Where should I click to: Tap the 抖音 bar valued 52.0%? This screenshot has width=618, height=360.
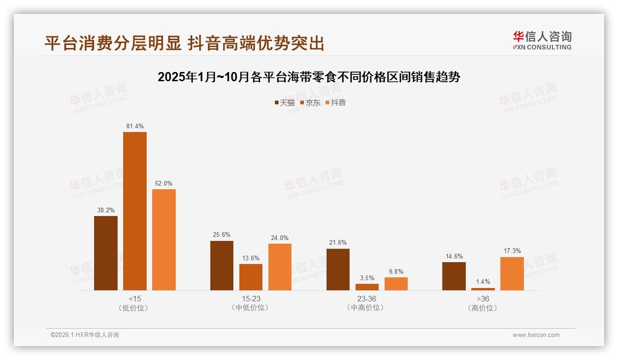coord(164,240)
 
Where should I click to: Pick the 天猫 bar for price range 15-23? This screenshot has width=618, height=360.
coord(222,265)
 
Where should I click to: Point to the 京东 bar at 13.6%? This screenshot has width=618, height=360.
coord(251,277)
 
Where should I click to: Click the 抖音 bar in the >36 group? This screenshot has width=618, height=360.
coord(512,273)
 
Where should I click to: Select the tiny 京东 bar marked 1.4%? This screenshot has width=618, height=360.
coord(483,289)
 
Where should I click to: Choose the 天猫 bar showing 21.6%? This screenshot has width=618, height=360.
coord(338,270)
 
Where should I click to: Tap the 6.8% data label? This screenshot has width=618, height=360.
coord(396,271)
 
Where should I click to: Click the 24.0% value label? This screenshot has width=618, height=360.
coord(279,238)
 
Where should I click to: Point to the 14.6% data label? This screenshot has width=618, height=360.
coord(454,256)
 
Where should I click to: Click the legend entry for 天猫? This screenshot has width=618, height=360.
coord(284,102)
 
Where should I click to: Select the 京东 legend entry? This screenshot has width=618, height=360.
coord(310,102)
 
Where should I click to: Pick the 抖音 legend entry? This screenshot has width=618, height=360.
coord(335,102)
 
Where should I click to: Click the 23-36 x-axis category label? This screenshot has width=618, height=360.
coord(367,299)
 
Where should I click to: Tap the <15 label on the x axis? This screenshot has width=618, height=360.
coord(135,299)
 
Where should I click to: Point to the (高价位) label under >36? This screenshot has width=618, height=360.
coord(483,308)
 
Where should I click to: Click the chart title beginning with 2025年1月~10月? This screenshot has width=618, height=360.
coord(309,77)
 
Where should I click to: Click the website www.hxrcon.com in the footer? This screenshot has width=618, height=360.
coord(535,335)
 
